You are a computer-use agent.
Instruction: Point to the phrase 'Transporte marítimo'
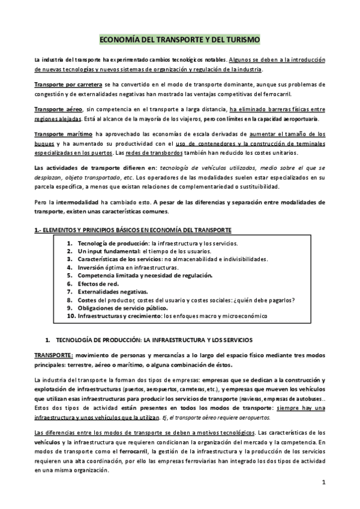(x=61, y=133)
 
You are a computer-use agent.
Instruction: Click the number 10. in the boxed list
(x=71, y=316)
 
